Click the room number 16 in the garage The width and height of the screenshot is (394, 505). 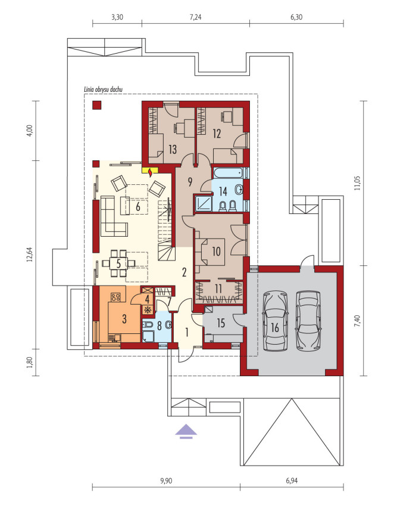pyautogui.click(x=275, y=327)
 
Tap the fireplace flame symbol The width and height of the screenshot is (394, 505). pyautogui.click(x=150, y=174)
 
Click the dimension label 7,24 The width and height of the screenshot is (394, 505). pyautogui.click(x=195, y=17)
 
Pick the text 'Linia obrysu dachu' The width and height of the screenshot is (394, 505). pyautogui.click(x=103, y=90)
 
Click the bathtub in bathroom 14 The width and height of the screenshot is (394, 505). pyautogui.click(x=228, y=173)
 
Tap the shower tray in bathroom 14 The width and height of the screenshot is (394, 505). pyautogui.click(x=203, y=203)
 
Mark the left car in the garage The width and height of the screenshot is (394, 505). pyautogui.click(x=275, y=320)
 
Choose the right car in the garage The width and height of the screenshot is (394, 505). pyautogui.click(x=308, y=320)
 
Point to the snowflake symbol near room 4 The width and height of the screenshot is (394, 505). pyautogui.click(x=148, y=310)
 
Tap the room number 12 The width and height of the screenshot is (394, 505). pyautogui.click(x=217, y=133)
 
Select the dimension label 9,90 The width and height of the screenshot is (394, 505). pyautogui.click(x=166, y=481)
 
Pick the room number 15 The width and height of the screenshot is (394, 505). pyautogui.click(x=221, y=323)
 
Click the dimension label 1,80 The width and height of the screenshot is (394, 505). pyautogui.click(x=30, y=363)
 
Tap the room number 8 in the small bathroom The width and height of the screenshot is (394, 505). pyautogui.click(x=159, y=326)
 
